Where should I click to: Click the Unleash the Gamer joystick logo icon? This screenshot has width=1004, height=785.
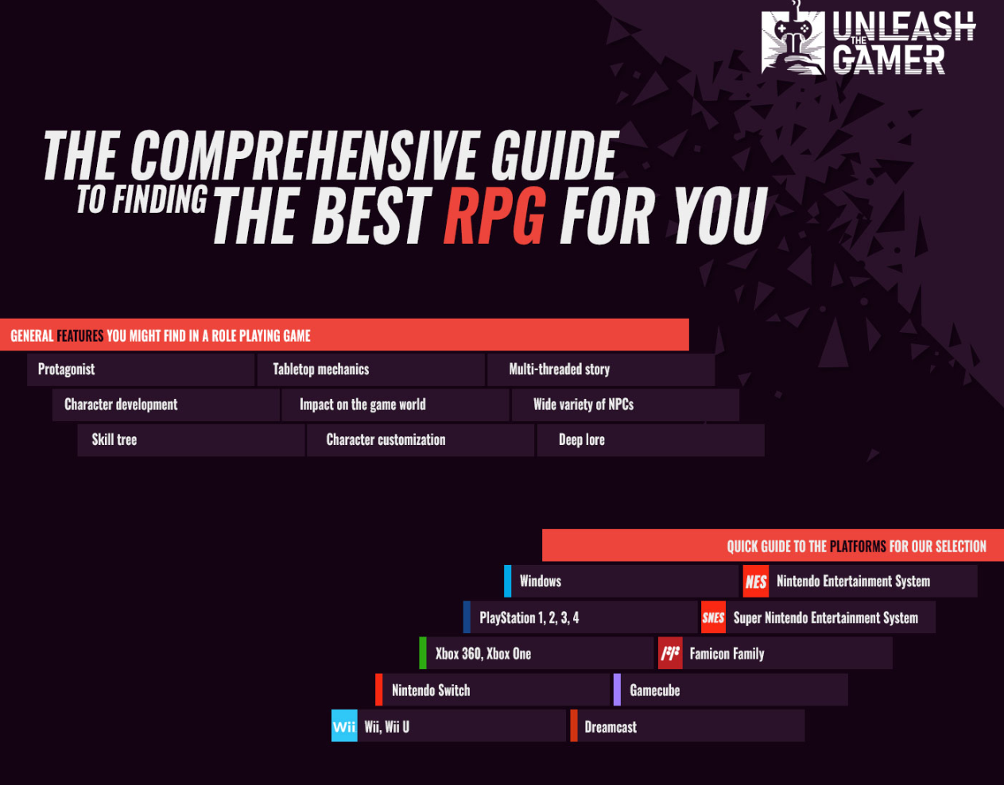(793, 41)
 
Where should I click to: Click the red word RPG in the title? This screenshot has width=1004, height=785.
(494, 215)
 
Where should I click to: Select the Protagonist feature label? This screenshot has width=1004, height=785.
(67, 369)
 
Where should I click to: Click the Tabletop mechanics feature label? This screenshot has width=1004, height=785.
(321, 369)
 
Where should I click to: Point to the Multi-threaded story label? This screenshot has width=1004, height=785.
(560, 369)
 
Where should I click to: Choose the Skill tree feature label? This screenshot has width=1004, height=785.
(114, 440)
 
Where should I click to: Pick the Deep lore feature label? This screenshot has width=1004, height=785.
(582, 440)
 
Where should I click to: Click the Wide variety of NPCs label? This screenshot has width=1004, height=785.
(583, 404)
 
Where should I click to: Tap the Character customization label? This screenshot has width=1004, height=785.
(386, 440)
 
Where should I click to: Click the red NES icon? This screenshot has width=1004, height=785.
(755, 582)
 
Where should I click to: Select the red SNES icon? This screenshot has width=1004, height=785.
(713, 617)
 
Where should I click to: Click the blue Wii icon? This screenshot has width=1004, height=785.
(344, 726)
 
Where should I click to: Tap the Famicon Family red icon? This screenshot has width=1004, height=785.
(670, 653)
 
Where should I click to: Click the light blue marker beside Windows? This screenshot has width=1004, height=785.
(508, 581)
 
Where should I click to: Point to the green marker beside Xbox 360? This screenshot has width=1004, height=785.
(423, 653)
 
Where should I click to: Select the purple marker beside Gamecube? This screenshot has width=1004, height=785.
(617, 690)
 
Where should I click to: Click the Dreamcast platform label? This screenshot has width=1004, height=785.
(611, 727)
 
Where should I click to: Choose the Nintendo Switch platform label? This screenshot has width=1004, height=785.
(431, 690)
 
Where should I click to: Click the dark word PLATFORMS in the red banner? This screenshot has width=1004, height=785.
(858, 547)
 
